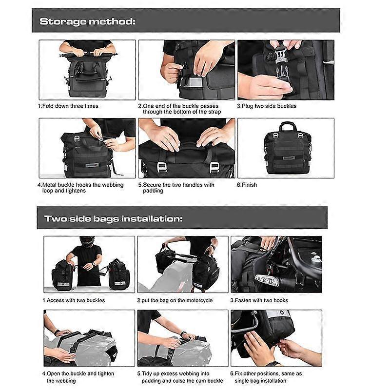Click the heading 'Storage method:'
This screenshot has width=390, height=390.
click(88, 21)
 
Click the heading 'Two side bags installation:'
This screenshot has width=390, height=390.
click(114, 219)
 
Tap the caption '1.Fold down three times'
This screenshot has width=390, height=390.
click(68, 106)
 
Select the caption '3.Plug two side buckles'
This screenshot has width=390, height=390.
click(267, 106)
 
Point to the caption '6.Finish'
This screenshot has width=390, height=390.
click(247, 185)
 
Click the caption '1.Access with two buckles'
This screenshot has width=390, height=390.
click(74, 300)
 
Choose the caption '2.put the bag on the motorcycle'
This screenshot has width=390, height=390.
click(175, 300)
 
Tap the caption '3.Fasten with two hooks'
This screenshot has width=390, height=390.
click(259, 300)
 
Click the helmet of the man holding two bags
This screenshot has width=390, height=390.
click(87, 241)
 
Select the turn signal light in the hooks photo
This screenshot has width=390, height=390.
click(266, 280)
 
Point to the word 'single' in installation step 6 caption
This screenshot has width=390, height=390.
click(243, 381)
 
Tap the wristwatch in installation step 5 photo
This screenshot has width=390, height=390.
click(183, 334)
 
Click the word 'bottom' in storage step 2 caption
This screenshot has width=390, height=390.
click(173, 112)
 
